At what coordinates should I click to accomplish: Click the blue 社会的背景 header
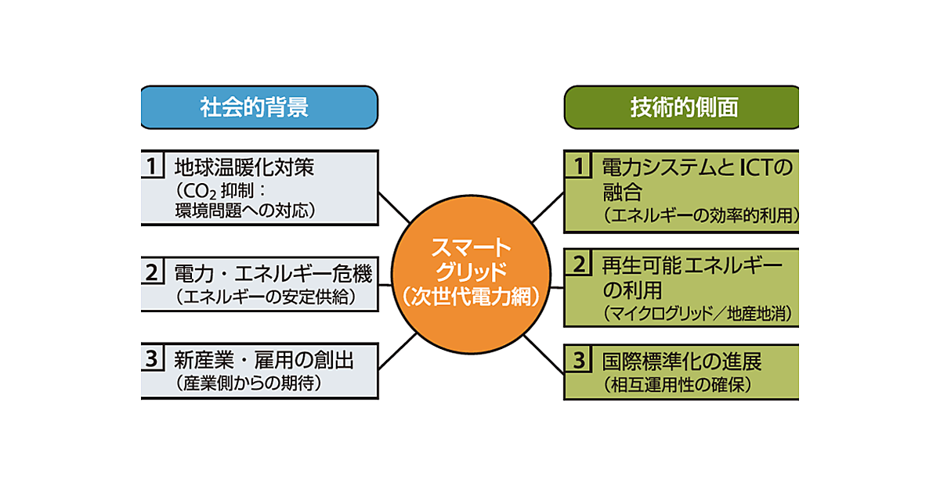(258, 107)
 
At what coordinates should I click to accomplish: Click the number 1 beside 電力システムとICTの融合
(579, 167)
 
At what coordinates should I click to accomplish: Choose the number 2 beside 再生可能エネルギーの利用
(579, 264)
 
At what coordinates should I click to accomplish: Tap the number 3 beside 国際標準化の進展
(579, 361)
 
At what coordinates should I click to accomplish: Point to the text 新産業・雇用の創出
(264, 361)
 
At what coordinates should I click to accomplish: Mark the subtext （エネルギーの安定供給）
(266, 297)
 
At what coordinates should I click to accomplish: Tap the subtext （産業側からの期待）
(249, 384)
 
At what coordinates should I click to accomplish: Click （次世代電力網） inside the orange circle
(469, 297)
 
